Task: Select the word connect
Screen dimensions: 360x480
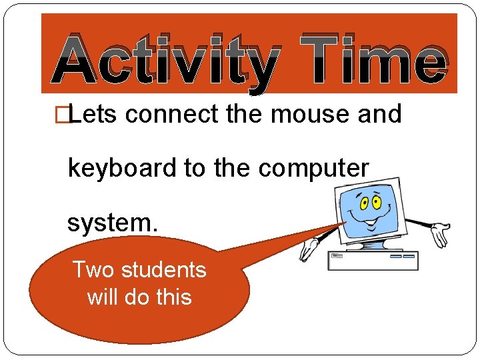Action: (x=171, y=115)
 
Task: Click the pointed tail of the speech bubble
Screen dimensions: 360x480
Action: (x=313, y=233)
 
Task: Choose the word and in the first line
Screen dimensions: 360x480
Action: (x=380, y=115)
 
